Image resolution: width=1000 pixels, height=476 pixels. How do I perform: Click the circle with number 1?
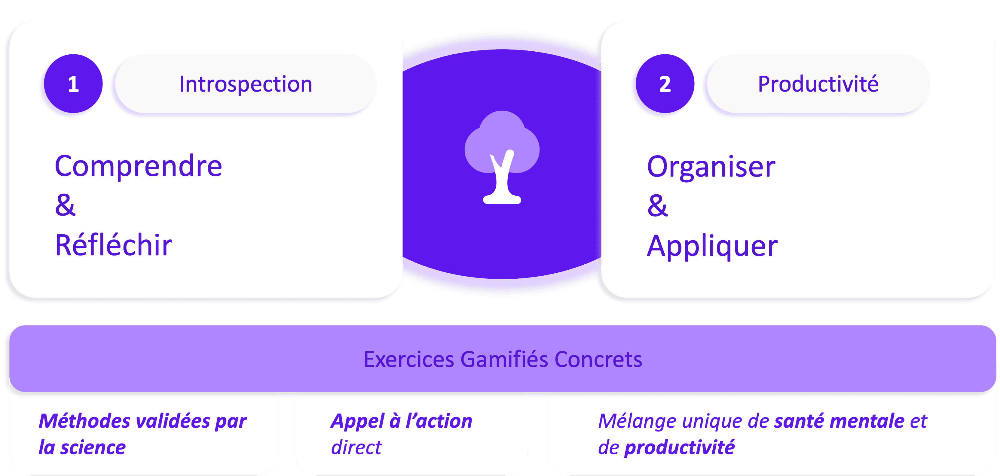click(x=73, y=84)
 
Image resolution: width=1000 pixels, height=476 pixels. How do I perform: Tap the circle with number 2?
click(x=665, y=84)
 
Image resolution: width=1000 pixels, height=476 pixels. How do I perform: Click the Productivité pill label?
click(x=818, y=84)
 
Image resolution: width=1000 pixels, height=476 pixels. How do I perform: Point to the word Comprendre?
click(x=138, y=166)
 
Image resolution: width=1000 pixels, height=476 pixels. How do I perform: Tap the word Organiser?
click(x=711, y=167)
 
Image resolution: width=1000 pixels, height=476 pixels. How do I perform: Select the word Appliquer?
click(x=712, y=246)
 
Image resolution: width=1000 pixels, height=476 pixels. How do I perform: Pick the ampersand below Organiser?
click(x=657, y=206)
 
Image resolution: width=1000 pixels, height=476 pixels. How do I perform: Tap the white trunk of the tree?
click(x=502, y=182)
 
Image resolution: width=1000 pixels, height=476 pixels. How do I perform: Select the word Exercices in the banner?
click(x=408, y=359)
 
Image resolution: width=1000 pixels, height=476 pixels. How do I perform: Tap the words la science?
click(x=82, y=447)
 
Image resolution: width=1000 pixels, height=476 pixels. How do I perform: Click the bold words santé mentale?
click(x=839, y=421)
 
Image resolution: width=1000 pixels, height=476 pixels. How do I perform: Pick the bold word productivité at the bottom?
click(x=679, y=447)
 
